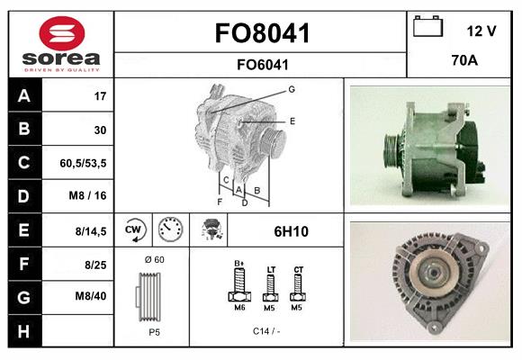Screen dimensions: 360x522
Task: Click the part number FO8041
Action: click(x=262, y=33)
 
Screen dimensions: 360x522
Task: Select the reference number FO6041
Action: click(x=262, y=64)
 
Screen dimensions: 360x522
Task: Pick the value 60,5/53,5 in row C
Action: click(x=84, y=163)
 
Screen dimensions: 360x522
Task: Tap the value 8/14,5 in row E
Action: click(x=90, y=230)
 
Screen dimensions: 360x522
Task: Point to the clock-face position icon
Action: click(x=169, y=230)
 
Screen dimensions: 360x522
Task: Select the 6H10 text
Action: click(x=291, y=231)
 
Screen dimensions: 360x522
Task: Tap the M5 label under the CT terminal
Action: click(x=298, y=307)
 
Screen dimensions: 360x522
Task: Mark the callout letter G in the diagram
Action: click(x=292, y=89)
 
